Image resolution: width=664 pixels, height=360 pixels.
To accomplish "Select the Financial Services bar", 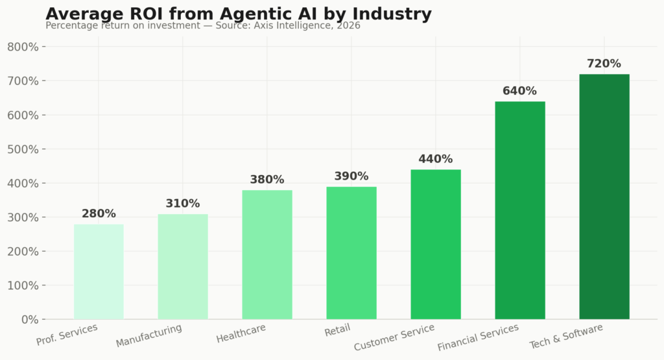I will pyautogui.click(x=519, y=210).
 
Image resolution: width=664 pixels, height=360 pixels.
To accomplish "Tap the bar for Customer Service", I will pyautogui.click(x=435, y=245).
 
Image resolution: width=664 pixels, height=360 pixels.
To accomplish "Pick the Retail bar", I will pyautogui.click(x=351, y=253).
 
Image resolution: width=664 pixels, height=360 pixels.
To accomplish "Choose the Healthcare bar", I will pyautogui.click(x=267, y=254).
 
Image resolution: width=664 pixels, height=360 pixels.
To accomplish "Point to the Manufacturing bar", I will pyautogui.click(x=182, y=267).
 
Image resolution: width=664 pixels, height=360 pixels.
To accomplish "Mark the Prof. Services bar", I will pyautogui.click(x=99, y=272).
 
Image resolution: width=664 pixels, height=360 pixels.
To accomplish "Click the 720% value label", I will pyautogui.click(x=604, y=64).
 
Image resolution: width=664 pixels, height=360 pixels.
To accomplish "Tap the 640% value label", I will pyautogui.click(x=519, y=91).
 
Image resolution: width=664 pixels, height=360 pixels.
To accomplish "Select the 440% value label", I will pyautogui.click(x=435, y=159).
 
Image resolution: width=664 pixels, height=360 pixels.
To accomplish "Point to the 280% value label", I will pyautogui.click(x=99, y=213).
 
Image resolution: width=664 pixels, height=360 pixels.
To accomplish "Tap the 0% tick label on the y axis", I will pyautogui.click(x=30, y=319).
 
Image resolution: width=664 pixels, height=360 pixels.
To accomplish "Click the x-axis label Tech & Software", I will pyautogui.click(x=566, y=336).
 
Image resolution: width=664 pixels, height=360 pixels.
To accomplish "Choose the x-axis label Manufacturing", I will pyautogui.click(x=149, y=335).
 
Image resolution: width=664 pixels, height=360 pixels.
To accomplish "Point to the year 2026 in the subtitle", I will pyautogui.click(x=348, y=26).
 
